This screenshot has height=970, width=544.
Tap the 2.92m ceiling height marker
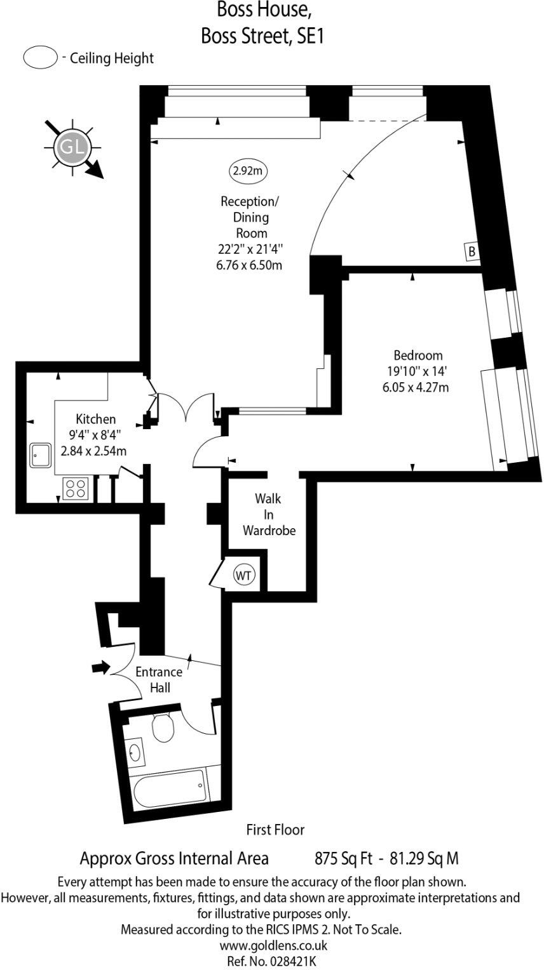(248, 170)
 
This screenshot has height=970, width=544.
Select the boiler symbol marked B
(472, 251)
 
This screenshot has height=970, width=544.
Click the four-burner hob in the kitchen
(75, 488)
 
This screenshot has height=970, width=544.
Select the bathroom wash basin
(135, 753)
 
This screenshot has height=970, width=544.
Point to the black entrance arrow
(100, 667)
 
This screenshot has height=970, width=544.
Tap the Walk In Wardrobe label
(269, 514)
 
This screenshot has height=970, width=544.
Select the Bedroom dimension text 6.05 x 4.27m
(416, 387)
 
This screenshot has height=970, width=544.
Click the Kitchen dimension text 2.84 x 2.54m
(93, 451)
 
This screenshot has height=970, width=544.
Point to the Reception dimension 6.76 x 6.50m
(249, 265)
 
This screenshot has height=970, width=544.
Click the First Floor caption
(275, 829)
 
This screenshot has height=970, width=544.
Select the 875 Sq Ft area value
(343, 859)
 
